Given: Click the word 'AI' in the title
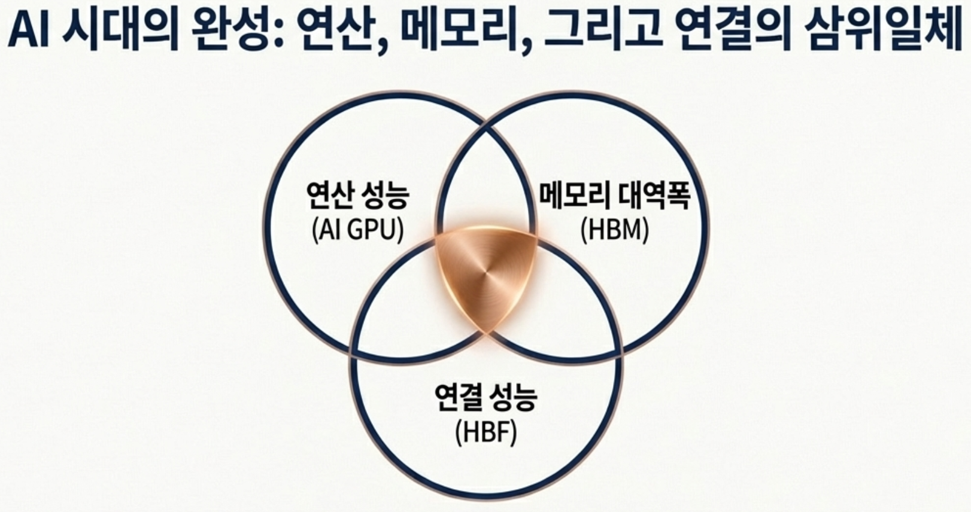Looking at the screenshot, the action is click(x=30, y=31).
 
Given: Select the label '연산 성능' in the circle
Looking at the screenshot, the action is click(x=357, y=197).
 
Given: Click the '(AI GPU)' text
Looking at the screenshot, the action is click(x=357, y=230).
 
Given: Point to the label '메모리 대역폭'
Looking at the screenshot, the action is click(x=615, y=196).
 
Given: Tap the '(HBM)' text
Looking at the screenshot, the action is click(x=615, y=231).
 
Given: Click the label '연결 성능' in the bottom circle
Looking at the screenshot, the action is click(x=486, y=397).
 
